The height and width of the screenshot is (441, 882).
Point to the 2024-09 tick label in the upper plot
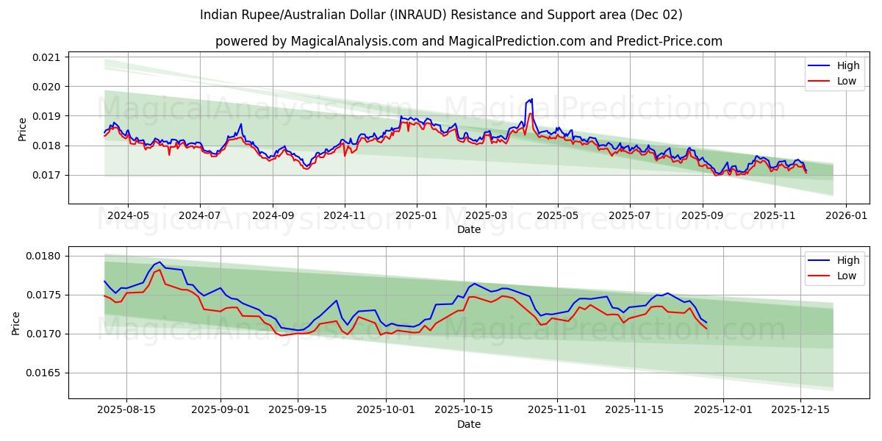(x=273, y=216)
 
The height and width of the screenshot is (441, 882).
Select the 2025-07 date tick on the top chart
(x=629, y=216)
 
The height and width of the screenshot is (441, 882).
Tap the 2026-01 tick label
(x=846, y=216)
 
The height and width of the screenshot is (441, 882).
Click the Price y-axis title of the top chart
(x=22, y=129)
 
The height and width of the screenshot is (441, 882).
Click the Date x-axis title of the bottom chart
(x=468, y=424)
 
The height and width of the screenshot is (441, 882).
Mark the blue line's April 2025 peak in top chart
(x=531, y=98)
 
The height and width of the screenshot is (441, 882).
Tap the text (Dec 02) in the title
(x=656, y=15)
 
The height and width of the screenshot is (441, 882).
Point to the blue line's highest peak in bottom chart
(x=159, y=262)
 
